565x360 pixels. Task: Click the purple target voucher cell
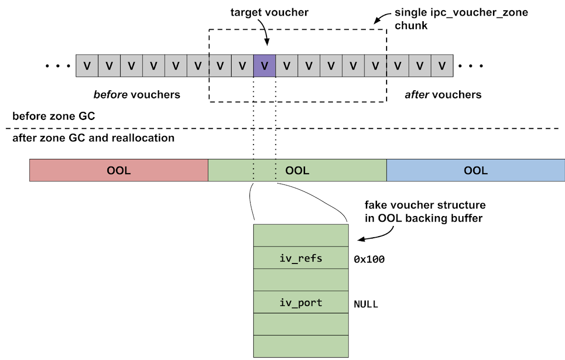click(x=265, y=65)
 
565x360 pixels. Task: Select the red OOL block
click(x=119, y=170)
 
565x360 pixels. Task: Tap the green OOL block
click(x=297, y=170)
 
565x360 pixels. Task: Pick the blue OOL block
click(x=476, y=170)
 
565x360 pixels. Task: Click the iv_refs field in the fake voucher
click(x=301, y=258)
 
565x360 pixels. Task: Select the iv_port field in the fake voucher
click(x=301, y=303)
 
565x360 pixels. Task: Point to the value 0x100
click(x=369, y=259)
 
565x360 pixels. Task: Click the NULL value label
click(x=366, y=304)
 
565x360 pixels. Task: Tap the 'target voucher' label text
click(x=269, y=13)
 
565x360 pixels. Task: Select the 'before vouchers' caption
click(x=137, y=95)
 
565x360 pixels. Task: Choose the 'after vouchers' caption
click(x=443, y=95)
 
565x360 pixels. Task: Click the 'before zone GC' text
click(x=54, y=116)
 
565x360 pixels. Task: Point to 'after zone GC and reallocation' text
click(x=93, y=138)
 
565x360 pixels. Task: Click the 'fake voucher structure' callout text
click(x=425, y=212)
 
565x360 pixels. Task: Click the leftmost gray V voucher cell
click(x=87, y=65)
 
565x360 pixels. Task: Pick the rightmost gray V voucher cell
click(x=442, y=65)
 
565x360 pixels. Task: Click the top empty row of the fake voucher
click(x=301, y=235)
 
